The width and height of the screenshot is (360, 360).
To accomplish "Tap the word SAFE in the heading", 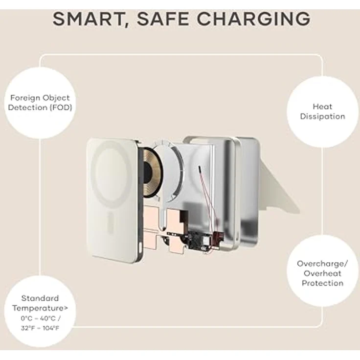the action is (163, 19).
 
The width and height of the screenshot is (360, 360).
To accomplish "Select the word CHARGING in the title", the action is (254, 19).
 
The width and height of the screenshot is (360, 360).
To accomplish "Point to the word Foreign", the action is (25, 98).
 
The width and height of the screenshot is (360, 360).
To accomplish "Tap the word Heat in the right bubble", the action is (322, 107).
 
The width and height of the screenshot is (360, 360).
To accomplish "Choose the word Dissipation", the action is (322, 116).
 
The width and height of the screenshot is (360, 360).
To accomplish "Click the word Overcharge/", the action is (322, 264).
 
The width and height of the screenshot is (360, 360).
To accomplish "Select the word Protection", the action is (322, 283).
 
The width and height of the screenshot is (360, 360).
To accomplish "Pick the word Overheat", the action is (322, 273).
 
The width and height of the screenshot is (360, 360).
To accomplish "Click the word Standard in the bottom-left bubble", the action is (40, 298).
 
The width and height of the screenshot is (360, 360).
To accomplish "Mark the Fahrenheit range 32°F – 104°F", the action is (40, 328).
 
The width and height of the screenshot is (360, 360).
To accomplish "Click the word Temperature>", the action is (40, 308).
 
